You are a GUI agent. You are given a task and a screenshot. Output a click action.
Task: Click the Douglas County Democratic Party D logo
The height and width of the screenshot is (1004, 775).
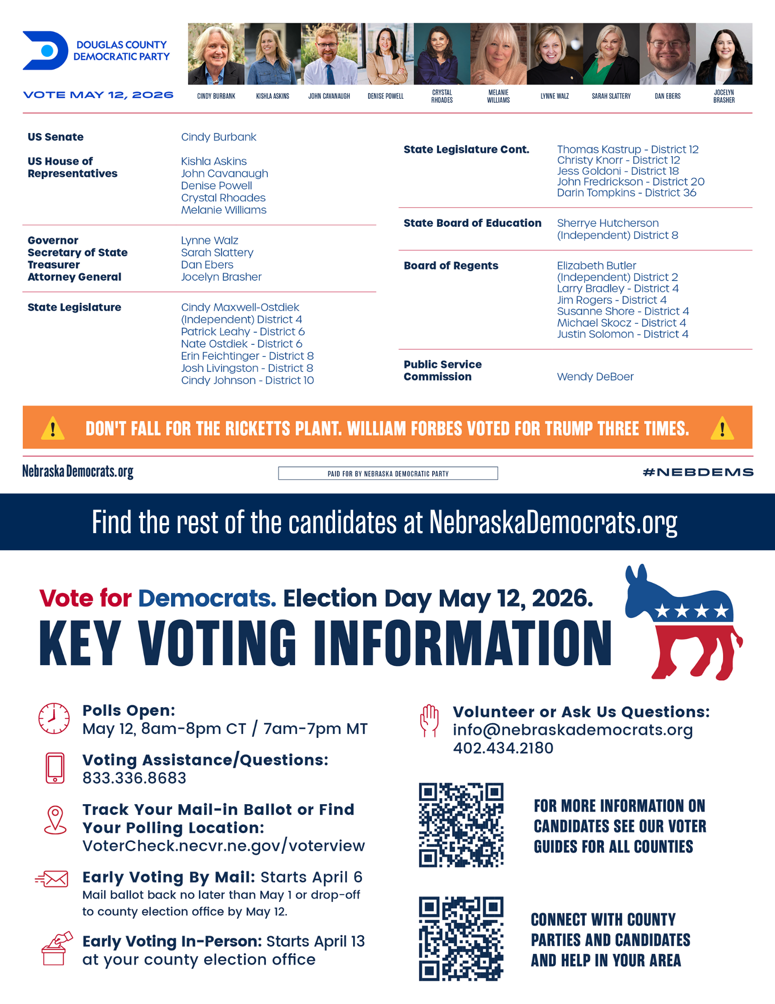[45, 51]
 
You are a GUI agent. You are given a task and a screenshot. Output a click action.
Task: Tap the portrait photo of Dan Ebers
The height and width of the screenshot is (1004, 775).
[667, 54]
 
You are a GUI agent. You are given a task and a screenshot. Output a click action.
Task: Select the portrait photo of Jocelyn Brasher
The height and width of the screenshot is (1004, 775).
[724, 54]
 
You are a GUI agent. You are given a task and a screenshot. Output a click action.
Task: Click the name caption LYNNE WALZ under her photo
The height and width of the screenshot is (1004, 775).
[554, 96]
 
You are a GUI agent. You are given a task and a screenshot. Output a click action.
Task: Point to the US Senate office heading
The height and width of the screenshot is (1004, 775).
[56, 137]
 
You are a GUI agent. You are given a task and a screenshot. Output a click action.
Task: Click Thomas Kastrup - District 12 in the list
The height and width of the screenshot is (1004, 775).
[628, 149]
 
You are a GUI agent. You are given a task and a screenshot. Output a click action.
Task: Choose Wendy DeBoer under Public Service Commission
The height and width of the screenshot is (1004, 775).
[595, 376]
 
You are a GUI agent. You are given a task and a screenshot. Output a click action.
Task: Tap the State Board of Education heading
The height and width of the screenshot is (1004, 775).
[472, 223]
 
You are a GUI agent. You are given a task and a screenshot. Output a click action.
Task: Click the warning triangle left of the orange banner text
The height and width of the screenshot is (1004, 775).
[53, 429]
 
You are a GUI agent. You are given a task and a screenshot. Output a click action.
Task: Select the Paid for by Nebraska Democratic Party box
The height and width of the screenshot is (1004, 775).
[388, 473]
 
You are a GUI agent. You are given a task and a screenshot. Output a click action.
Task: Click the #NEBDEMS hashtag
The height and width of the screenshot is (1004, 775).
[698, 472]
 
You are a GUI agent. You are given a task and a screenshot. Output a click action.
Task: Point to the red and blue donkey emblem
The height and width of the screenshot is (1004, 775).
[683, 622]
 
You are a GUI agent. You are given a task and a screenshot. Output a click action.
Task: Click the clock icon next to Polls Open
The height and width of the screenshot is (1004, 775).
[54, 718]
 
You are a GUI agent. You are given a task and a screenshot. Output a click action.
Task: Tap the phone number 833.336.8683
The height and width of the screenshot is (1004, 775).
[134, 778]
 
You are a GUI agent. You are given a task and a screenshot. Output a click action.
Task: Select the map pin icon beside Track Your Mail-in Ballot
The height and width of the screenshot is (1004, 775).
[55, 820]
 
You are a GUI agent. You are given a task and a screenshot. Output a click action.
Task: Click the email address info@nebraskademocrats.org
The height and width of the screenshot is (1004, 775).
[572, 730]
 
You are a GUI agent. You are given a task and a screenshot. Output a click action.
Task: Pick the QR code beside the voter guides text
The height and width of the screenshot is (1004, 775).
[461, 825]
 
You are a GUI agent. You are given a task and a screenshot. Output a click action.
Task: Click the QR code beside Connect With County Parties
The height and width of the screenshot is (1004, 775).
[461, 938]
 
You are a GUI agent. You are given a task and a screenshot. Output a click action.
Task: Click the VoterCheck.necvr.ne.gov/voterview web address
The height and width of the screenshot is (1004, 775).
[224, 846]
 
